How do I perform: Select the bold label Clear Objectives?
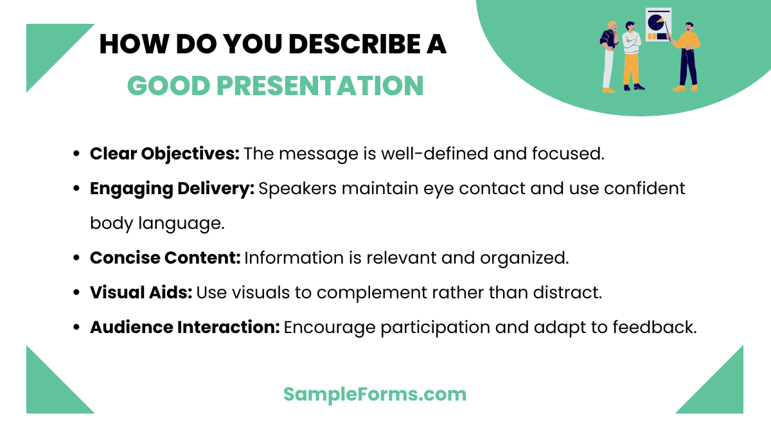coord(164,154)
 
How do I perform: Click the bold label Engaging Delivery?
coord(172,188)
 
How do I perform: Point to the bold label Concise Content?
coord(165,258)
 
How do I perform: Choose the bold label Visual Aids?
coord(141,293)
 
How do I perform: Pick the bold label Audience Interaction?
coord(184,327)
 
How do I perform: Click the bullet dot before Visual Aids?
coord(77,293)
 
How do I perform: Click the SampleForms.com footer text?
coord(375,394)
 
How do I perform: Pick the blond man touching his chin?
coord(608,57)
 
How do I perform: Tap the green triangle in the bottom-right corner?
coord(720,389)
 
